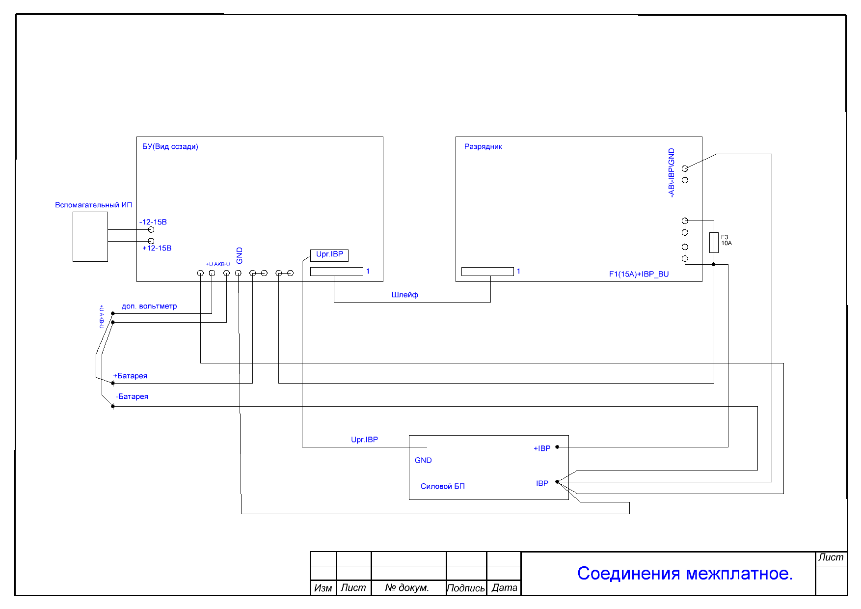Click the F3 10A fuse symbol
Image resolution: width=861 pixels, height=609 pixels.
[x=714, y=243]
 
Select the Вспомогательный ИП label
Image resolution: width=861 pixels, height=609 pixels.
[x=93, y=205]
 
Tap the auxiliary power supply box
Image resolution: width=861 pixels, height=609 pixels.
[x=90, y=237]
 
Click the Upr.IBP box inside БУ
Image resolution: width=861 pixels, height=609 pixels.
[x=329, y=255]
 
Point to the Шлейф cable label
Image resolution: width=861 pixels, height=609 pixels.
[x=405, y=295]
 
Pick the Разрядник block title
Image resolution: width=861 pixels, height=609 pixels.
[x=483, y=146]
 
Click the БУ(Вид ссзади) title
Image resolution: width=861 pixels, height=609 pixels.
[x=170, y=146]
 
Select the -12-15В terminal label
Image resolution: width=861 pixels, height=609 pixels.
[x=153, y=222]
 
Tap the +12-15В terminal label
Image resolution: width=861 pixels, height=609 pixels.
[x=157, y=248]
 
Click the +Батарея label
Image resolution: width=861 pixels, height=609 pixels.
[x=130, y=376]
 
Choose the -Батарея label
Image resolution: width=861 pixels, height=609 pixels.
[x=132, y=396]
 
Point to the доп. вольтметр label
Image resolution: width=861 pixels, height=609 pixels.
[x=149, y=306]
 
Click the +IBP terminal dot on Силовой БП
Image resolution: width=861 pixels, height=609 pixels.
[x=557, y=447]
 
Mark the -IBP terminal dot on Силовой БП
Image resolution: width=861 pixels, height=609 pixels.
[x=557, y=482]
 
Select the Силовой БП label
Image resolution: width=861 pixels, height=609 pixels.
[x=443, y=486]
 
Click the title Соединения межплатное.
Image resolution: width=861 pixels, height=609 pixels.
[x=685, y=573]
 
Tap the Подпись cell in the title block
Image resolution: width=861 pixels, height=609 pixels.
[x=466, y=588]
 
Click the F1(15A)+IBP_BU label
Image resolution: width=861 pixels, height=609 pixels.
[x=639, y=274]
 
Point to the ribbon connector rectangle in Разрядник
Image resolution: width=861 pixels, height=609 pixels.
[x=487, y=272]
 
